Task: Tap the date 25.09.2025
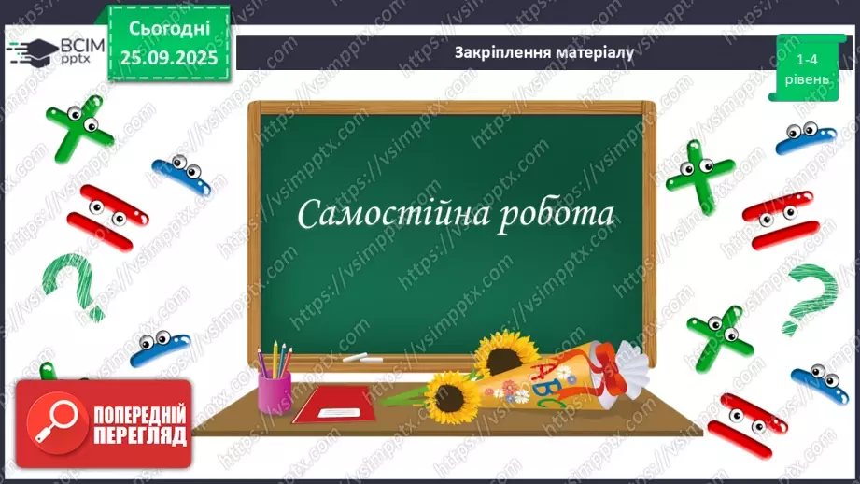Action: (168, 57)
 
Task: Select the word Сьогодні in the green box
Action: (168, 30)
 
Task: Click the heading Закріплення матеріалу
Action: (543, 52)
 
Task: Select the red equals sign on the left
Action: (112, 216)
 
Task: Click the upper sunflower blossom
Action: (505, 352)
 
